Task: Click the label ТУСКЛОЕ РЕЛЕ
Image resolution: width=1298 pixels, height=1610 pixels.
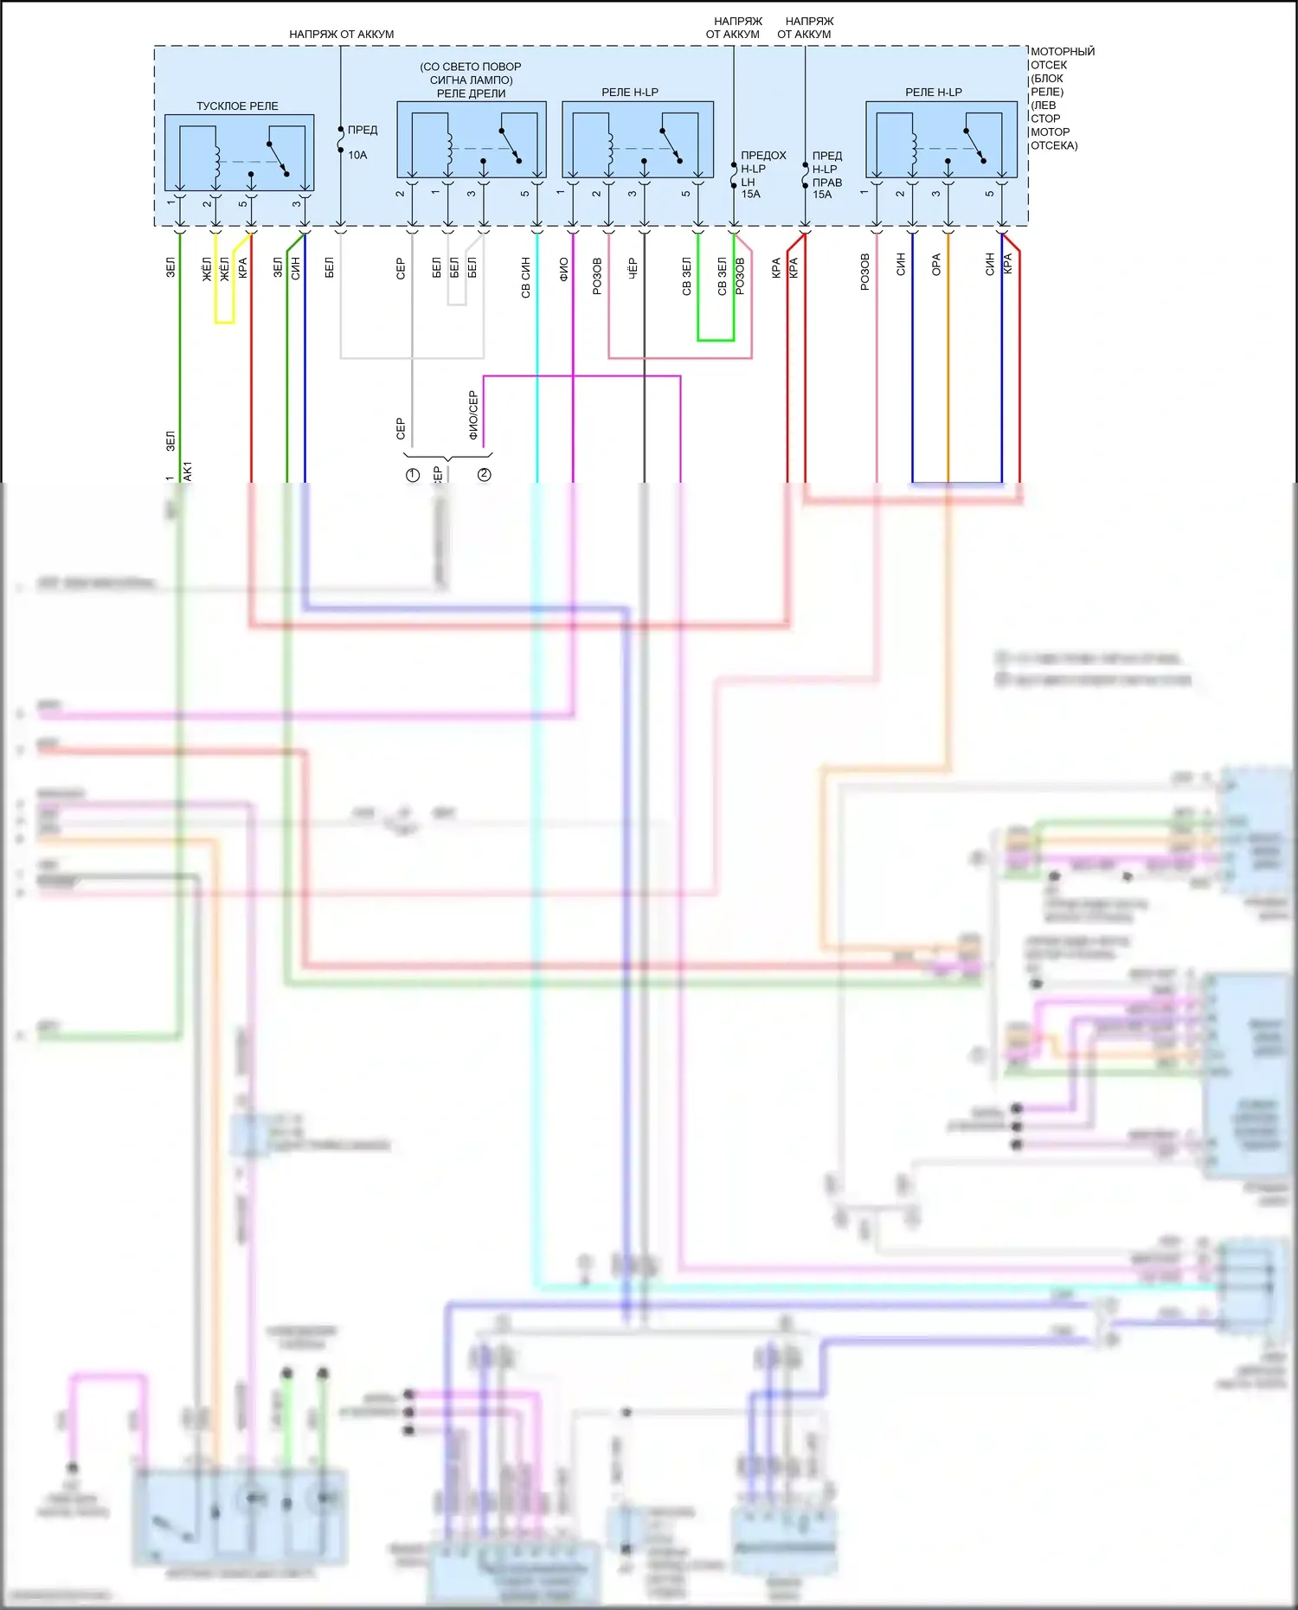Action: point(237,106)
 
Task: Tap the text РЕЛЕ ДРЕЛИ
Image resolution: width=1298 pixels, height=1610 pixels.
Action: point(471,93)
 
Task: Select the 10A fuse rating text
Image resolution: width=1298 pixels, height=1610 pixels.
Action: point(357,156)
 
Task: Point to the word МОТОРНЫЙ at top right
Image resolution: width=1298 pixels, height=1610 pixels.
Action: point(1063,52)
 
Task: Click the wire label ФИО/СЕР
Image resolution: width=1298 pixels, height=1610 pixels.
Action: point(473,415)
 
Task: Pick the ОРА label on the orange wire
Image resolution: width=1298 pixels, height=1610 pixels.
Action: point(936,265)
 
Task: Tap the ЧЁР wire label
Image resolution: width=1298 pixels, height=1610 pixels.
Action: point(633,268)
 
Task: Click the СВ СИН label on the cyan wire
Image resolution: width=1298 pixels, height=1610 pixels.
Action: point(526,277)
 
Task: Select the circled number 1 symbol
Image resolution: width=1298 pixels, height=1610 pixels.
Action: point(413,475)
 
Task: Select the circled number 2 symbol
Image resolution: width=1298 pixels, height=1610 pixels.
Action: point(485,475)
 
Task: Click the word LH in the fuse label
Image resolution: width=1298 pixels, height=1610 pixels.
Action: point(748,183)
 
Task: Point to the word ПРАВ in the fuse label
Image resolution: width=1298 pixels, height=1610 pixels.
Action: point(827,183)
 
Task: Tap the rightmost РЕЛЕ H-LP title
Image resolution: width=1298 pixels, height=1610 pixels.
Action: point(934,93)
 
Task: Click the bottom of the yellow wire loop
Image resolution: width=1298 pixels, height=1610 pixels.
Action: point(224,323)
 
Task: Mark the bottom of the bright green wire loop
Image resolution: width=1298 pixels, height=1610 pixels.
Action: point(716,340)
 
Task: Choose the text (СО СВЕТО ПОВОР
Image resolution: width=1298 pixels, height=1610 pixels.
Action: point(471,67)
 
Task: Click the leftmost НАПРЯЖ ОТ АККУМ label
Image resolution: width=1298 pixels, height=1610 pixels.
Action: point(341,35)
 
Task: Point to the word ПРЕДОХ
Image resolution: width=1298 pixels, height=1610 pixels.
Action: point(763,156)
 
